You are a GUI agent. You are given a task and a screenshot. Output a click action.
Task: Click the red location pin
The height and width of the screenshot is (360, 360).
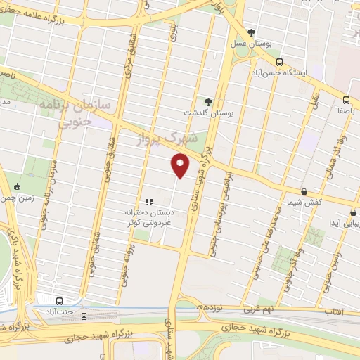(x=180, y=167)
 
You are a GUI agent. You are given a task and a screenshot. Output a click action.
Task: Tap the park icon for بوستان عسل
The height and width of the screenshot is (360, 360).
(x=252, y=32)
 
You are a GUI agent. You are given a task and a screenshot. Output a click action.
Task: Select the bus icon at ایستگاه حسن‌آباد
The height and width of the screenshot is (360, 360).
(x=280, y=62)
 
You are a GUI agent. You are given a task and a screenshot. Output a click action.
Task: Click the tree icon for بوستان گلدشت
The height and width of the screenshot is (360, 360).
(x=207, y=101)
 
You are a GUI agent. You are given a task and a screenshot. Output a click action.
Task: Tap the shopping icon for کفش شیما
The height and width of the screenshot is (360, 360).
(x=304, y=191)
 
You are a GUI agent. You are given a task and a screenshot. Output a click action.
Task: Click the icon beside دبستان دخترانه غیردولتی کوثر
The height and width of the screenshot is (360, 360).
(x=148, y=202)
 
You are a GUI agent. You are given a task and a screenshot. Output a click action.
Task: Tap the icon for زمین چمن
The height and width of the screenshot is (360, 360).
(x=17, y=186)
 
